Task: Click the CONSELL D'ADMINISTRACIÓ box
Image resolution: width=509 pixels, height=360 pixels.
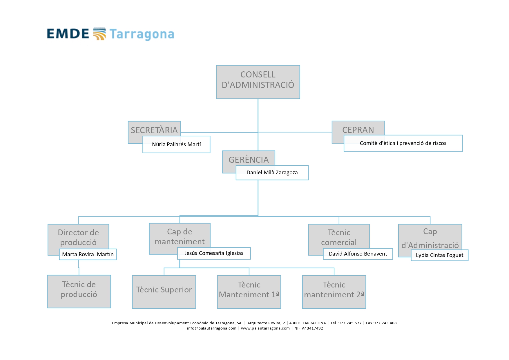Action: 258,82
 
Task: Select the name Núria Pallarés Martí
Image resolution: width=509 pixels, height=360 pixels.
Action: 176,144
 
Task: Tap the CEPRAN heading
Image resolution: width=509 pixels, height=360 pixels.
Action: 358,130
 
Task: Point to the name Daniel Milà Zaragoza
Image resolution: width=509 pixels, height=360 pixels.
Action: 272,173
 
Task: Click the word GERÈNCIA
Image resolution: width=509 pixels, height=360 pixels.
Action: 249,160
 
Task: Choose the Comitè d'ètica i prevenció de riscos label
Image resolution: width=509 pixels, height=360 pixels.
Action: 403,143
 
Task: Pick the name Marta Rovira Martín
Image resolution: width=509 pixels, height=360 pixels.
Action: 88,254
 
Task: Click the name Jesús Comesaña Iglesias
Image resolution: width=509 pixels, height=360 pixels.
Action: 214,253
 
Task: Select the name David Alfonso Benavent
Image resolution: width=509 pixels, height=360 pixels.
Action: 358,254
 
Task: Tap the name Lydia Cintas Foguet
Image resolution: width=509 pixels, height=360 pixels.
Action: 439,255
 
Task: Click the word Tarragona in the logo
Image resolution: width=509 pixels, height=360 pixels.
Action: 142,34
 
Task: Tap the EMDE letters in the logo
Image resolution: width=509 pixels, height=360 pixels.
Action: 68,34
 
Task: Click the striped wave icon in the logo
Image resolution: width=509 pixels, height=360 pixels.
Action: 99,34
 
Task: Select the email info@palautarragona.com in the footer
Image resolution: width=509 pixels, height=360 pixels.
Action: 211,328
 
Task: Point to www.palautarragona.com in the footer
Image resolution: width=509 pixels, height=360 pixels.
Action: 265,328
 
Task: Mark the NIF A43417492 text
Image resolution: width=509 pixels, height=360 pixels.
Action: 309,328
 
